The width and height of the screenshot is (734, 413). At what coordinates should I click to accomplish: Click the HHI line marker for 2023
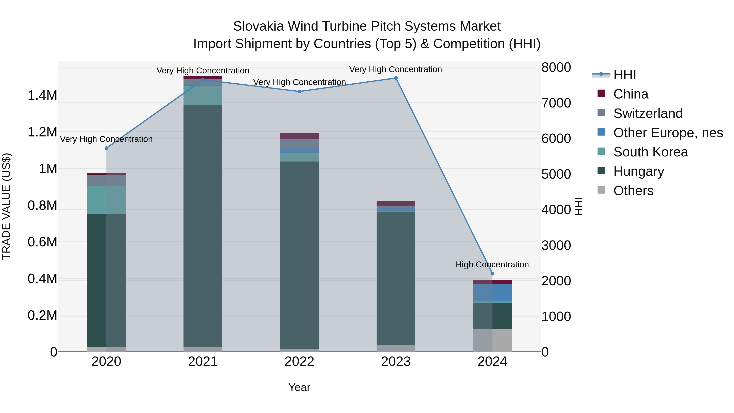(x=396, y=78)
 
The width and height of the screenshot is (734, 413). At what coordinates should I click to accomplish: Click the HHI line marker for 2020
(x=106, y=148)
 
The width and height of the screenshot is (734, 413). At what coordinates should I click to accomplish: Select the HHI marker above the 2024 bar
(x=492, y=274)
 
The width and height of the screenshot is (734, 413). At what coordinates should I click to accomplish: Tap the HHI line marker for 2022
(x=299, y=92)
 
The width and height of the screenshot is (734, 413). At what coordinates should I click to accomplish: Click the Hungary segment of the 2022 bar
(x=299, y=255)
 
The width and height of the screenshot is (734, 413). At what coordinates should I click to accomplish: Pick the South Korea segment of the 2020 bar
(x=106, y=200)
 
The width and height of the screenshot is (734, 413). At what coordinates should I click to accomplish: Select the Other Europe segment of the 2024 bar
(x=492, y=293)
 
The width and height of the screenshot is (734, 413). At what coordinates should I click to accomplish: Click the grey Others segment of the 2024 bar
(x=492, y=340)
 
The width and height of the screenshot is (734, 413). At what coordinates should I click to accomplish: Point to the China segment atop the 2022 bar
(x=299, y=136)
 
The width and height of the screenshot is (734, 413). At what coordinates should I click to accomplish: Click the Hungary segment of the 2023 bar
(x=396, y=278)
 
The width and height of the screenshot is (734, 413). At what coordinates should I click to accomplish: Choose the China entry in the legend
(x=631, y=94)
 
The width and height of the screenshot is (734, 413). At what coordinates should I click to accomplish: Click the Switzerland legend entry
(x=648, y=113)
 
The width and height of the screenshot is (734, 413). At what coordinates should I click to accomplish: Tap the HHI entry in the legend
(x=624, y=75)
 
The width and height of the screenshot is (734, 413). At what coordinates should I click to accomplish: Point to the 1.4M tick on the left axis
(x=42, y=95)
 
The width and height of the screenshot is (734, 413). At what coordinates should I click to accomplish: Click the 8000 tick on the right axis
(x=556, y=68)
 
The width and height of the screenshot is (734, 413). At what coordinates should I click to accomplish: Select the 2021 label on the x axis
(x=203, y=362)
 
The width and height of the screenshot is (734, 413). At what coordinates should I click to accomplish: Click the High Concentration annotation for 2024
(x=492, y=265)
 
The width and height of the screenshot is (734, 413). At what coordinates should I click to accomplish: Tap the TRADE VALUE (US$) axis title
(x=6, y=206)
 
